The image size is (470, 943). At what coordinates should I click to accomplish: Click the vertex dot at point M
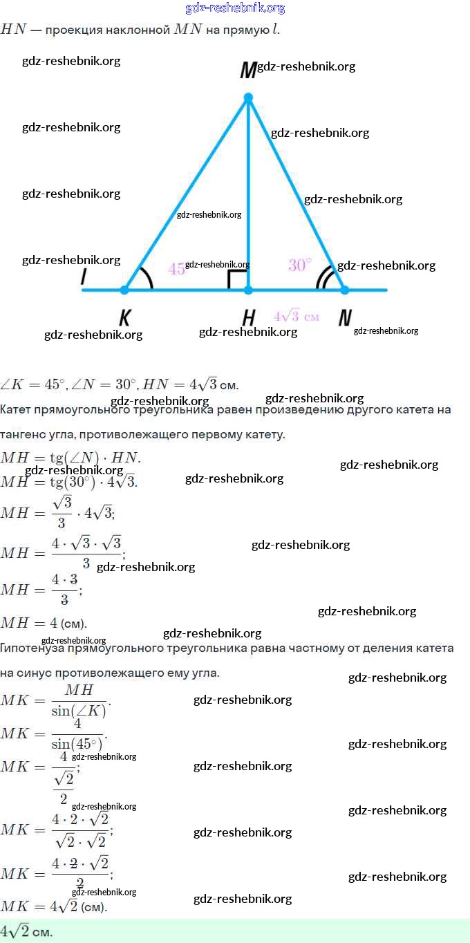(249, 98)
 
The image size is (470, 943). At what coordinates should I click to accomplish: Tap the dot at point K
(125, 290)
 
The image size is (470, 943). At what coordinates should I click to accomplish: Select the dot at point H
(249, 290)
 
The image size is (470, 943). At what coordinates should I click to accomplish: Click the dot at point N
(344, 290)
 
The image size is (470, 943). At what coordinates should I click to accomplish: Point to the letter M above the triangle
(247, 71)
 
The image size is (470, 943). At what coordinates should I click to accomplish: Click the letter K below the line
(125, 318)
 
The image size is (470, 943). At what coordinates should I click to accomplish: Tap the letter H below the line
(249, 318)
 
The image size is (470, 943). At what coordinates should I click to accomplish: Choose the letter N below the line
(345, 318)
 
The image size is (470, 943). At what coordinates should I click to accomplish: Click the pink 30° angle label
(299, 265)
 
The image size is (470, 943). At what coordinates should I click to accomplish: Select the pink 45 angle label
(176, 269)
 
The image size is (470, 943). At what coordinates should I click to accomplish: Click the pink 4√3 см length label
(297, 316)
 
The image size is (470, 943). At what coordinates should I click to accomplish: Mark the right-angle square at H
(238, 279)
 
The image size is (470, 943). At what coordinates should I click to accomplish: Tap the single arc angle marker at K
(147, 279)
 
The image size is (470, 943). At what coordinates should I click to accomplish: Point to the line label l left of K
(84, 276)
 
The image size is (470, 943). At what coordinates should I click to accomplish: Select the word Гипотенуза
(29, 648)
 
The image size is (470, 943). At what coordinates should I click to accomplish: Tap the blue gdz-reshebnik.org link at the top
(235, 8)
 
